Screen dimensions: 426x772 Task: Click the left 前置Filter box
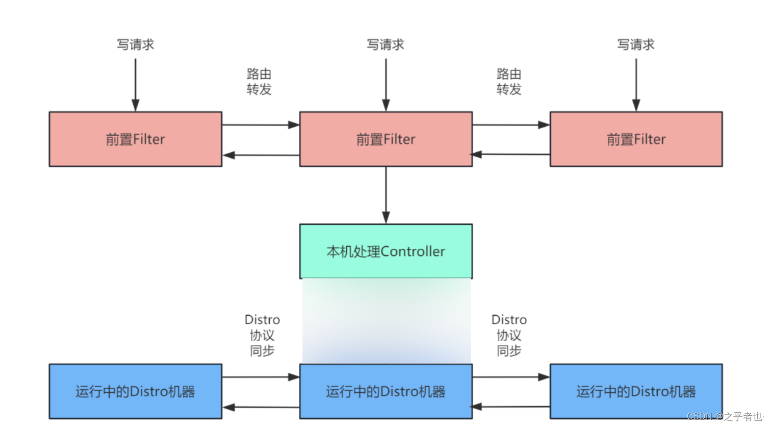(x=135, y=139)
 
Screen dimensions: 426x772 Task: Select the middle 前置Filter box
(x=385, y=139)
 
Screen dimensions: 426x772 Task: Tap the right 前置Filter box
(x=636, y=139)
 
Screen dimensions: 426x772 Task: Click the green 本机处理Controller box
(x=385, y=251)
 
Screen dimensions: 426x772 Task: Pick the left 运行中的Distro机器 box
(x=135, y=391)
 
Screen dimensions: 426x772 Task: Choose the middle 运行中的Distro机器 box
(x=385, y=391)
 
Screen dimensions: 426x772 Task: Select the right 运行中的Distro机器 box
(x=636, y=391)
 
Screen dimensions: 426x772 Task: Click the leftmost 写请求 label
(x=135, y=45)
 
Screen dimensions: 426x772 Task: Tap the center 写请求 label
(x=385, y=45)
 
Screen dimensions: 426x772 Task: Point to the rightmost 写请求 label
(x=636, y=45)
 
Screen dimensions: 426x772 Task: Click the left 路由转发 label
(x=259, y=82)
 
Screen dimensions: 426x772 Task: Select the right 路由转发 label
(x=509, y=82)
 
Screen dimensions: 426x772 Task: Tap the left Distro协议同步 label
(x=262, y=335)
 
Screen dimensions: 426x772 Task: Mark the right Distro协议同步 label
(x=509, y=335)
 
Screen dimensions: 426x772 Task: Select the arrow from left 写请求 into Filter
(x=135, y=84)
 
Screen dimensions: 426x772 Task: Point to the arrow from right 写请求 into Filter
(x=636, y=84)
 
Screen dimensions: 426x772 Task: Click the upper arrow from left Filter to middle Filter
(x=261, y=125)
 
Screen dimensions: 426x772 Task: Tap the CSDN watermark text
(x=725, y=416)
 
